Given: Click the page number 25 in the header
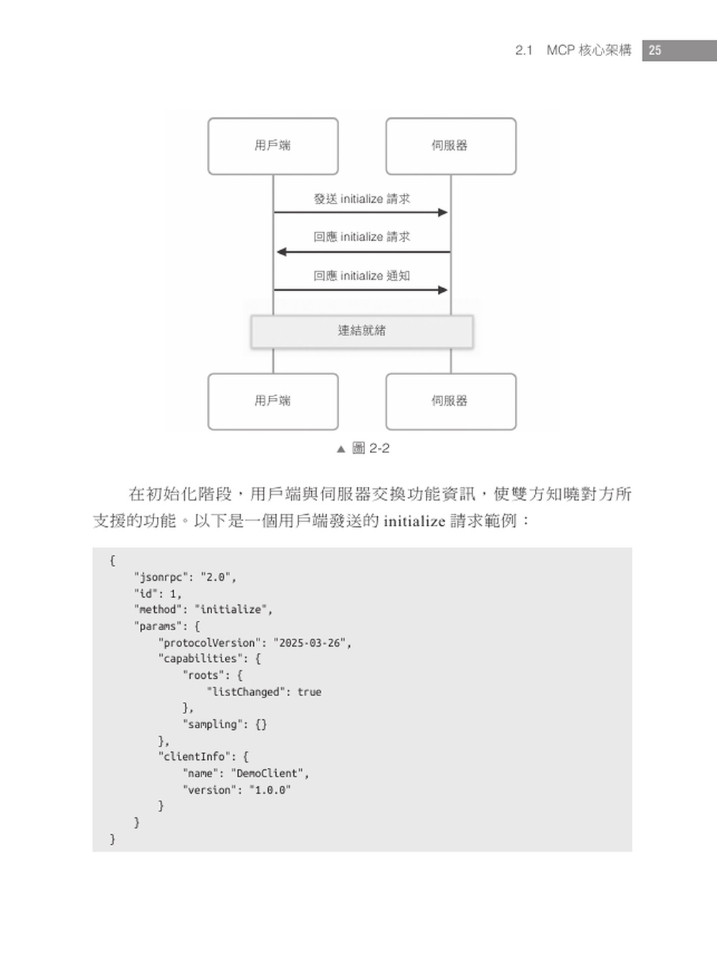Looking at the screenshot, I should (655, 50).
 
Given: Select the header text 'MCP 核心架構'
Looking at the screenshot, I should (589, 50).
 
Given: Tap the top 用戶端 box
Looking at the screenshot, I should (272, 146).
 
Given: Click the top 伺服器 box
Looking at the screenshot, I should (450, 146).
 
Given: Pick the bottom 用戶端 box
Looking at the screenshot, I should (272, 401).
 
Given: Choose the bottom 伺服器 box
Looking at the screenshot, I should (450, 401).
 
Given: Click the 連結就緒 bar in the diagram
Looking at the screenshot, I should (361, 331).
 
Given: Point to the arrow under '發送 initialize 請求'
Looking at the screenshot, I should (361, 212).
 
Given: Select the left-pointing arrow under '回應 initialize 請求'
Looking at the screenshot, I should (363, 252).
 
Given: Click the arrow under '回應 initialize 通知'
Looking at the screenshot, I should (361, 290).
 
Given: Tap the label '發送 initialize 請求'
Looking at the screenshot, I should (361, 199).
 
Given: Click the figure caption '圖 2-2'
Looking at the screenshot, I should (370, 449).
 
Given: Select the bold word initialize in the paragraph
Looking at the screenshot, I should (414, 521).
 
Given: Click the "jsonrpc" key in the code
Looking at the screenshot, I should (161, 577).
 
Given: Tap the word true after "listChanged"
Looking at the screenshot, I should (309, 692).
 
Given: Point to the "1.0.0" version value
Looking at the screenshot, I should (270, 790).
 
